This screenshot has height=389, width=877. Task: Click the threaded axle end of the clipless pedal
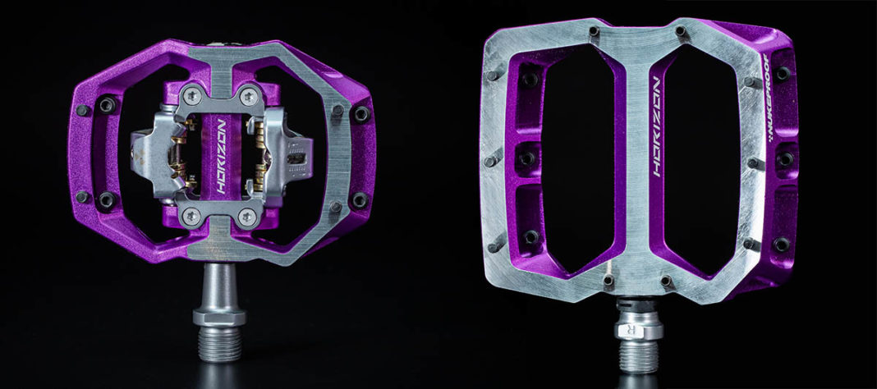coord(218,345)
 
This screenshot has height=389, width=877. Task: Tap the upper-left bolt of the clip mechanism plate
coord(191,93)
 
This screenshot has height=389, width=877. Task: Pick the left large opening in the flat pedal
coord(575,156)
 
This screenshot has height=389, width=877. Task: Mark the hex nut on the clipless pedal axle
coord(218,315)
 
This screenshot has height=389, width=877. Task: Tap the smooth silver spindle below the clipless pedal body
coord(218,283)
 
